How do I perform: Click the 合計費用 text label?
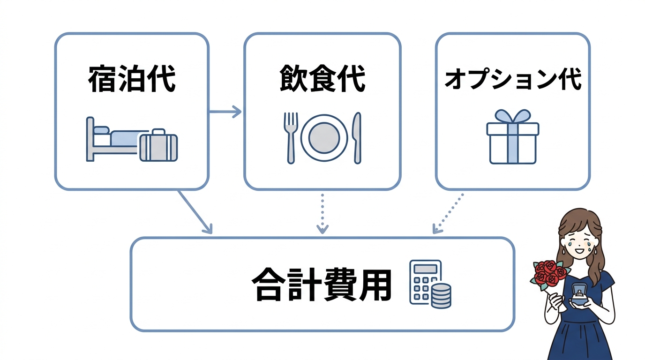[x=322, y=285]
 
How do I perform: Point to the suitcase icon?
[x=158, y=146]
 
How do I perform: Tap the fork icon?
[x=291, y=137]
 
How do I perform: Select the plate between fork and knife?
[x=324, y=137]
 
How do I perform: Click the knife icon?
[x=357, y=137]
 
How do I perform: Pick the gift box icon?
[x=513, y=142]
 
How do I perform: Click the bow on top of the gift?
[x=513, y=116]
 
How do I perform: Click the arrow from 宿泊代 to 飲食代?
[x=225, y=112]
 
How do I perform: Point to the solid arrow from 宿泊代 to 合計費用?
[x=195, y=211]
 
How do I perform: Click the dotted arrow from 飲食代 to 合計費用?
[x=322, y=213]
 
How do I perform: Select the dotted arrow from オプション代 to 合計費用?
[x=448, y=213]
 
